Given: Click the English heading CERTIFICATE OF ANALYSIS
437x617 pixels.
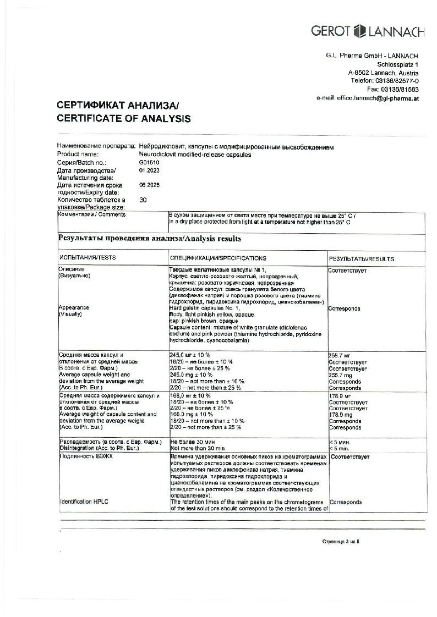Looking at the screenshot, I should pos(124,118).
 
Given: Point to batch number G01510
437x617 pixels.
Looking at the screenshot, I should pos(149,163).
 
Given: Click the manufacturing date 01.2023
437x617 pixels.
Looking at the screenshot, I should pos(149,170).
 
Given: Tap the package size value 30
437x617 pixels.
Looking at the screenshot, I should pos(143,201).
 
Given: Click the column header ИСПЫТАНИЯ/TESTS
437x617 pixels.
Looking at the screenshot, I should pos(88,258).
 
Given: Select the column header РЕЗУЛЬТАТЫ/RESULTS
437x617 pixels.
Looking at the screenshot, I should pos(361,258).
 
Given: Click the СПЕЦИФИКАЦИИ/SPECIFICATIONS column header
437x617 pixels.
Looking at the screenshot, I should pos(218,258).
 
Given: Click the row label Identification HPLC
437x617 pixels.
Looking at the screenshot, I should pos(81,502).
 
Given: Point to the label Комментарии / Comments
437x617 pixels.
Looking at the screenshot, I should pos(91,214).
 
